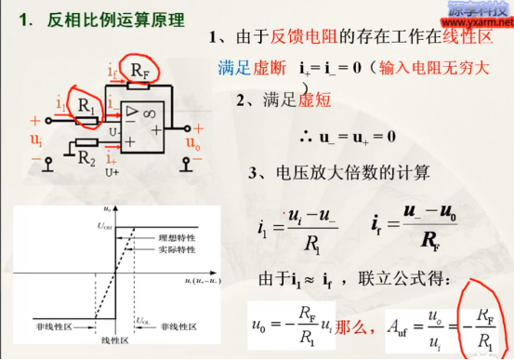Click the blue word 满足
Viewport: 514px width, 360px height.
coord(233,67)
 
